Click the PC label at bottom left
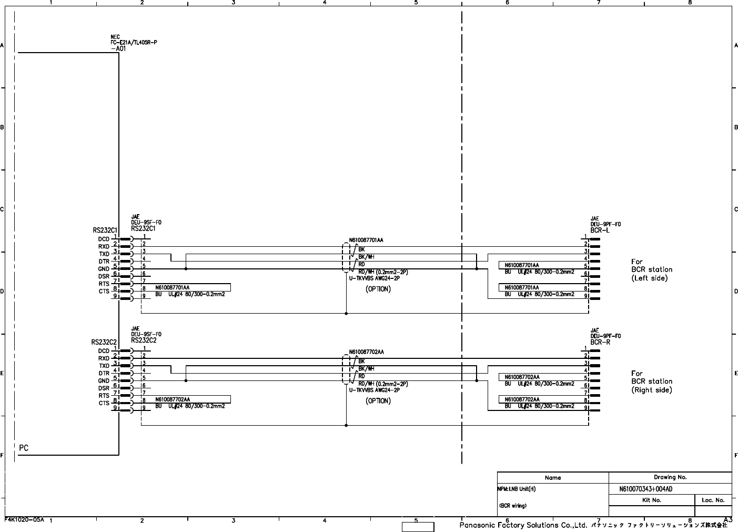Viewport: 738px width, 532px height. pyautogui.click(x=24, y=448)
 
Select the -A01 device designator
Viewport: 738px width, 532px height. pyautogui.click(x=118, y=48)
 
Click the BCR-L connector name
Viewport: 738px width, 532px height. pyautogui.click(x=600, y=230)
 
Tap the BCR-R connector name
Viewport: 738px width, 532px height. pyautogui.click(x=600, y=342)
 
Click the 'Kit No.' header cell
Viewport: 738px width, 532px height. pyautogui.click(x=652, y=500)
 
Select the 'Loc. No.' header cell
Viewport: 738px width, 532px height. pyautogui.click(x=713, y=500)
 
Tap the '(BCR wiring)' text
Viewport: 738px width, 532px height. pyautogui.click(x=512, y=506)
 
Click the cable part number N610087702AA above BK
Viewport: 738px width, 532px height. pyautogui.click(x=366, y=352)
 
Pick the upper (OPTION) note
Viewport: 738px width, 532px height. pyautogui.click(x=378, y=289)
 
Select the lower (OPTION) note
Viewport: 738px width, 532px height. pyautogui.click(x=378, y=401)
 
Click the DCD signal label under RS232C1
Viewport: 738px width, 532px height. pyautogui.click(x=104, y=239)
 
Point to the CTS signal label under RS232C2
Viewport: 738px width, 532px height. pyautogui.click(x=104, y=404)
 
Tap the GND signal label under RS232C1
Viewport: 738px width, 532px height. pyautogui.click(x=104, y=269)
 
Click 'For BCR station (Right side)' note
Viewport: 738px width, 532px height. pyautogui.click(x=652, y=382)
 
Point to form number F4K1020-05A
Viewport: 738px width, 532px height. pyautogui.click(x=24, y=519)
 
